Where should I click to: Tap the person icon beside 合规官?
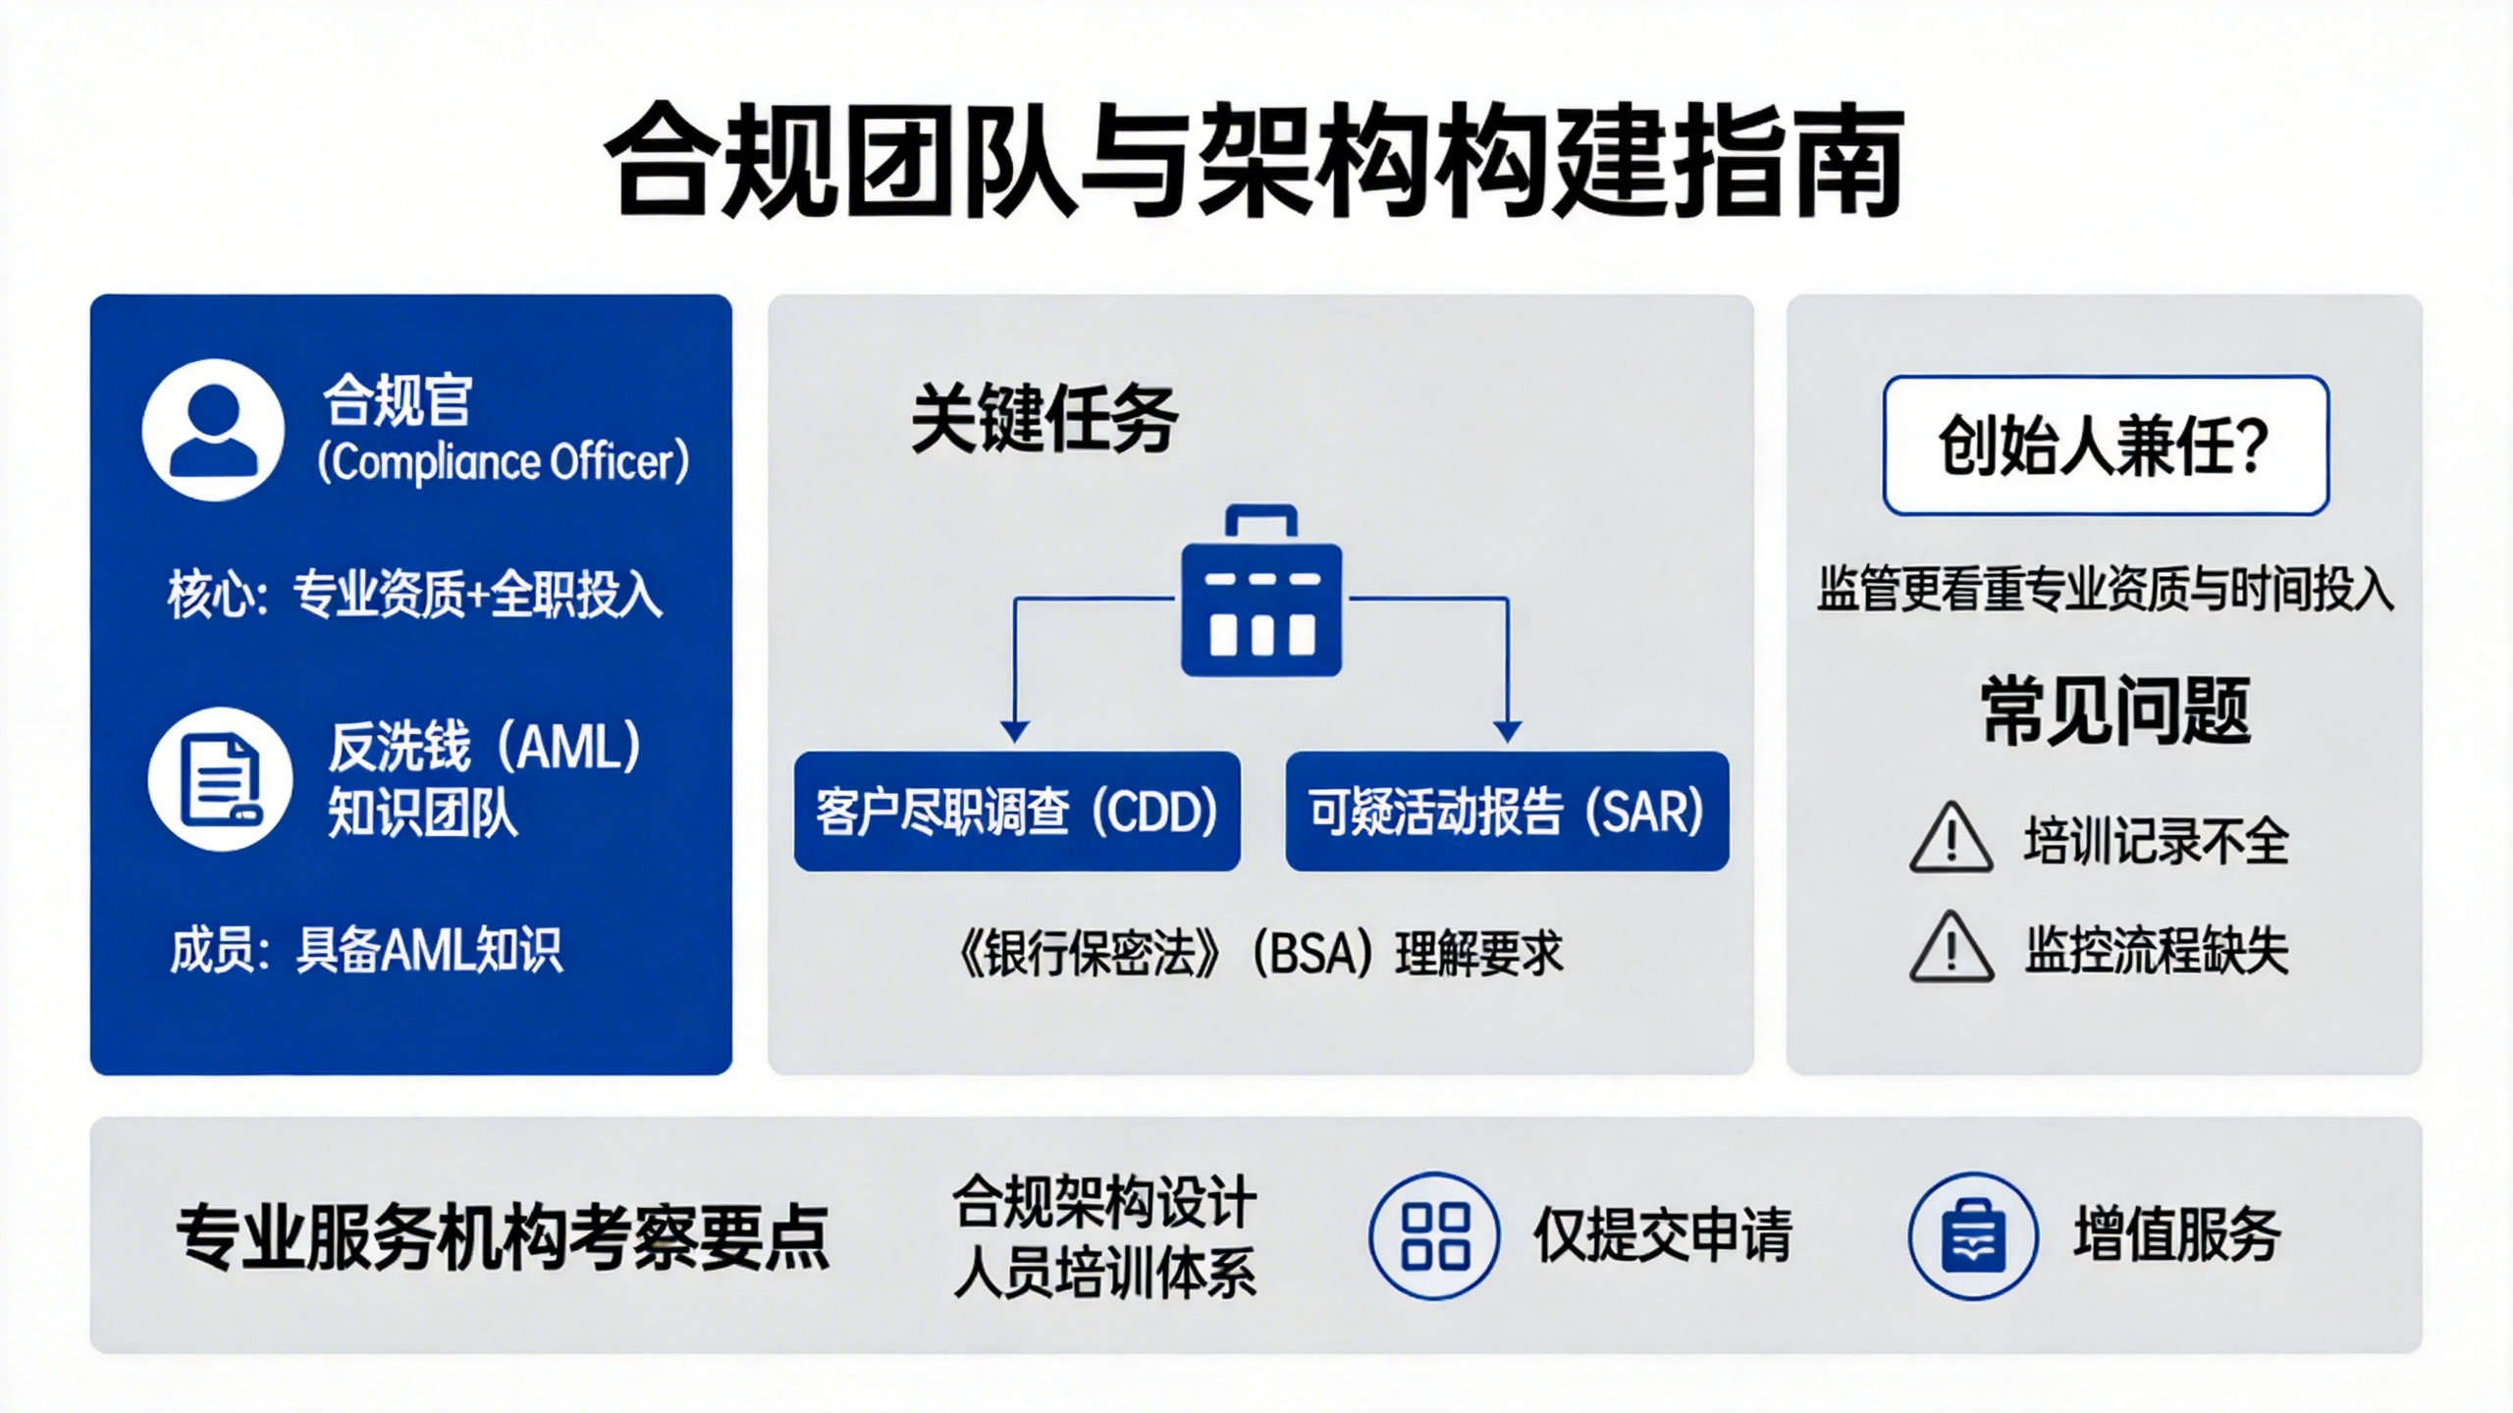point(213,430)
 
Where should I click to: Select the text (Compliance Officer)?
point(503,462)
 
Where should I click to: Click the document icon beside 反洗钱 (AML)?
point(220,778)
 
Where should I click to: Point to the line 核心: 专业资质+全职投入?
point(415,594)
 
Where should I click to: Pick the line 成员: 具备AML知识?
point(366,950)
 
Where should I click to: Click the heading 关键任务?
point(1044,419)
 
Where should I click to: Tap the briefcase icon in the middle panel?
point(1261,591)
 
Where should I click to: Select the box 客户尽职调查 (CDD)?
point(1017,811)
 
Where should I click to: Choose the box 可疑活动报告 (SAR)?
point(1507,811)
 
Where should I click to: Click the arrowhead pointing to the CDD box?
point(1015,732)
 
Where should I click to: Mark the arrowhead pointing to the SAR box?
point(1508,732)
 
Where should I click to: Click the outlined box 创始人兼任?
point(2107,445)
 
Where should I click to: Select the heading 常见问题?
point(2115,710)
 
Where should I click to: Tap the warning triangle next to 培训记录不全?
point(1952,838)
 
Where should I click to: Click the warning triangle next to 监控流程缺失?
point(1952,947)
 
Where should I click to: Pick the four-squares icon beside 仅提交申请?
point(1435,1235)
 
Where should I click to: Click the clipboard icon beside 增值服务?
point(1974,1235)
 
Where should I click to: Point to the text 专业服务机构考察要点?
point(503,1236)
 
